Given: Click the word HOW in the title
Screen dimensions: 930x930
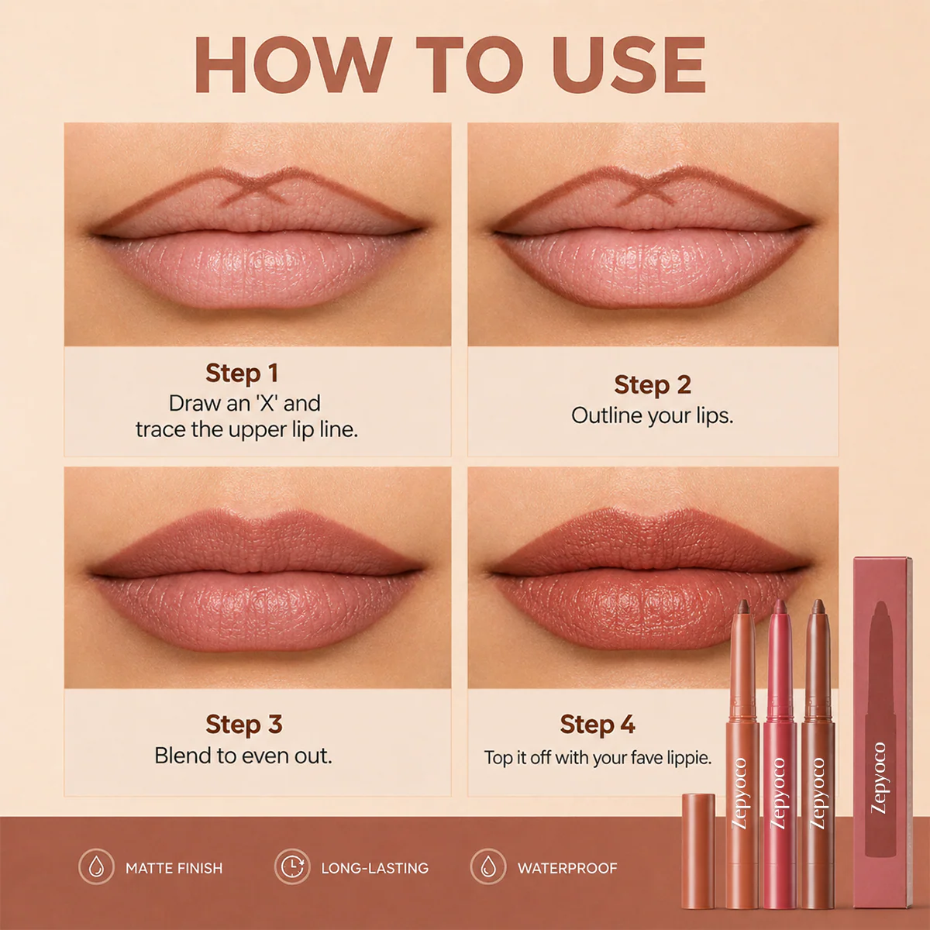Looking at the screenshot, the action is (293, 64).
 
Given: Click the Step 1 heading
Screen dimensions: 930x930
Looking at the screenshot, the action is (242, 373).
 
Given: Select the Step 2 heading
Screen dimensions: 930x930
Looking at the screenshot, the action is (653, 384).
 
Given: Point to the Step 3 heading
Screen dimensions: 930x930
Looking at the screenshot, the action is (243, 724).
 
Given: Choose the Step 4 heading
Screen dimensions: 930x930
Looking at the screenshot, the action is (598, 724).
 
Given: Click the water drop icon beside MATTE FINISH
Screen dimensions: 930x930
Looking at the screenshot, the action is (97, 866).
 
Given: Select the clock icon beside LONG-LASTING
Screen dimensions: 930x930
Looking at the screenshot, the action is (292, 866).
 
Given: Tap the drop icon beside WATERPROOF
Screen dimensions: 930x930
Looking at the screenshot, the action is (488, 866).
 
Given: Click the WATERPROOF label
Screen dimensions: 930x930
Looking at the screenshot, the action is (567, 868).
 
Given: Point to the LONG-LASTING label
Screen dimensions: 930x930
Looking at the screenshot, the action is (375, 868).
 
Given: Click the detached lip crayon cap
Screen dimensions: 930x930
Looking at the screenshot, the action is (697, 852).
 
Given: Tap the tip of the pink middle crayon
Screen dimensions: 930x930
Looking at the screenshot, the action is (780, 604).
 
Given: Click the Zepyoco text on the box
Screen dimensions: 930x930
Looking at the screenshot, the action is (879, 778).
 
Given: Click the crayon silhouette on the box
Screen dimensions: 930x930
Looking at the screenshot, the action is (880, 728).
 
